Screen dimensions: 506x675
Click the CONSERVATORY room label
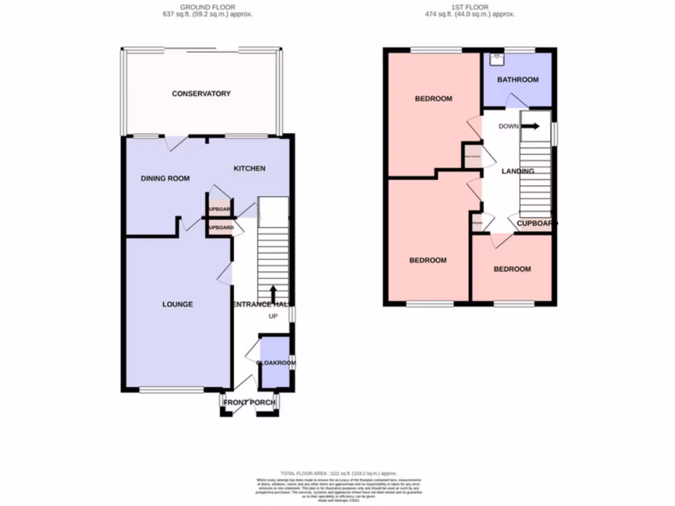click(201, 94)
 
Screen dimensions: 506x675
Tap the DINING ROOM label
click(165, 179)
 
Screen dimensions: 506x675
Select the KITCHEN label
click(249, 169)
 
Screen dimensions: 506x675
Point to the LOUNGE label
click(178, 304)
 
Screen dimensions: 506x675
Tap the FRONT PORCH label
click(250, 403)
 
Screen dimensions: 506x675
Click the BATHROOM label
click(517, 80)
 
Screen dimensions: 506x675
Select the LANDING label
click(517, 171)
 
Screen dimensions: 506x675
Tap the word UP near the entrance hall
click(273, 317)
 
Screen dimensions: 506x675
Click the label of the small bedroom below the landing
click(512, 269)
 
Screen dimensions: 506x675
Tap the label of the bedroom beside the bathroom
click(433, 99)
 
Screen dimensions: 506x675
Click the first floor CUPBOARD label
click(535, 223)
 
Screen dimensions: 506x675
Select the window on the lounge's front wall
click(171, 390)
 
